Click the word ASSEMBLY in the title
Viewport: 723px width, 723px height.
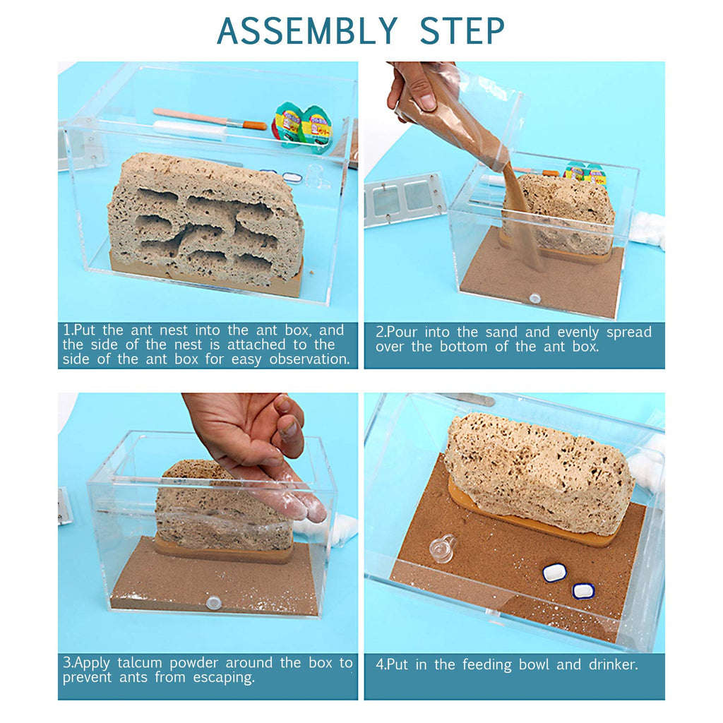[x=307, y=31]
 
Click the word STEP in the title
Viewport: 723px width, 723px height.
[x=462, y=31]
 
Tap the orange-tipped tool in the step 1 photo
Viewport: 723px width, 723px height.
[x=210, y=119]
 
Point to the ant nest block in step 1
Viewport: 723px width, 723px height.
[x=205, y=220]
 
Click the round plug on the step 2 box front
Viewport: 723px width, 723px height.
[x=535, y=298]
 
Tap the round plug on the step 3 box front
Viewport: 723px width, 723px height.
[x=214, y=602]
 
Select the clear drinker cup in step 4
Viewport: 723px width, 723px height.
[x=442, y=548]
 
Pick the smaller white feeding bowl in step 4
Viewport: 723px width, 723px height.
[x=583, y=591]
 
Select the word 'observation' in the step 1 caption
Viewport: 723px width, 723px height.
[x=310, y=359]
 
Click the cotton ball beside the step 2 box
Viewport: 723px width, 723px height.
[x=647, y=229]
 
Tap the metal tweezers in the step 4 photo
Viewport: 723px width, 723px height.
[x=466, y=399]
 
